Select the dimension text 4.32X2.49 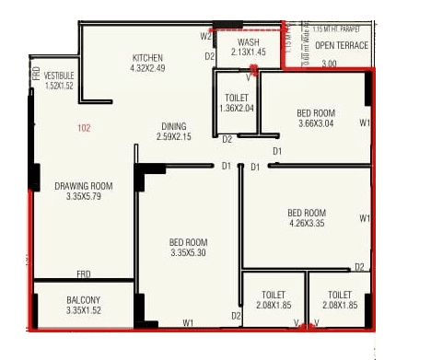(x=147, y=68)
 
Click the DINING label (x=173, y=127)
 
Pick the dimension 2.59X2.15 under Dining (x=173, y=138)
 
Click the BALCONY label (x=83, y=301)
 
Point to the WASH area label (x=248, y=42)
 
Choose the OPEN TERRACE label (x=342, y=45)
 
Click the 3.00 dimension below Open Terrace (x=329, y=64)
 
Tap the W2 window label (x=205, y=36)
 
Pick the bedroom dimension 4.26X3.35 (x=307, y=222)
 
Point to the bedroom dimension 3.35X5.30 (x=189, y=253)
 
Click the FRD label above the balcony (x=83, y=274)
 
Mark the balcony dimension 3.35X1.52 (x=83, y=311)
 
